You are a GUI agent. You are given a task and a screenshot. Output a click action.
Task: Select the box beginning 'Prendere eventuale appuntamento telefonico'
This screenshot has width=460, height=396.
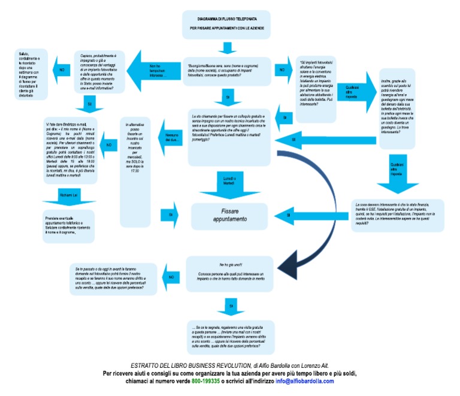click(69, 225)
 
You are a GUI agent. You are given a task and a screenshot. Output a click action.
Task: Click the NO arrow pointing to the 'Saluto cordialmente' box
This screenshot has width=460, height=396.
click(61, 70)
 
